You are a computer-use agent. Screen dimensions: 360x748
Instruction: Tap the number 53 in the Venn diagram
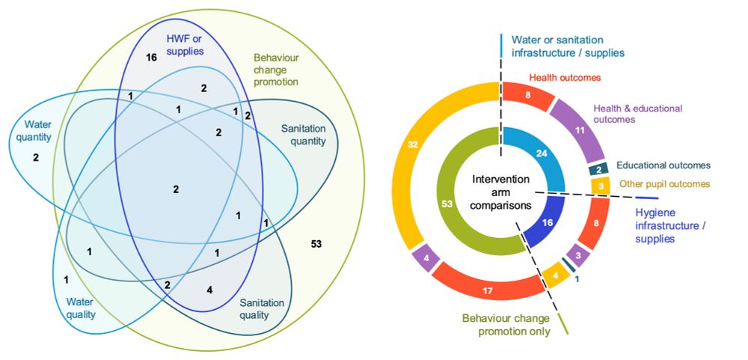point(316,244)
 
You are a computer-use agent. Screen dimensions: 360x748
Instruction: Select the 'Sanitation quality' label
point(261,308)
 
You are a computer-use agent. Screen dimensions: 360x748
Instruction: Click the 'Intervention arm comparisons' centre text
point(501,192)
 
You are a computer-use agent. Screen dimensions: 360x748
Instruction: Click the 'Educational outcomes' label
point(663,165)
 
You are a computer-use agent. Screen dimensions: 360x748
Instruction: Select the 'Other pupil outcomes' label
point(664,183)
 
